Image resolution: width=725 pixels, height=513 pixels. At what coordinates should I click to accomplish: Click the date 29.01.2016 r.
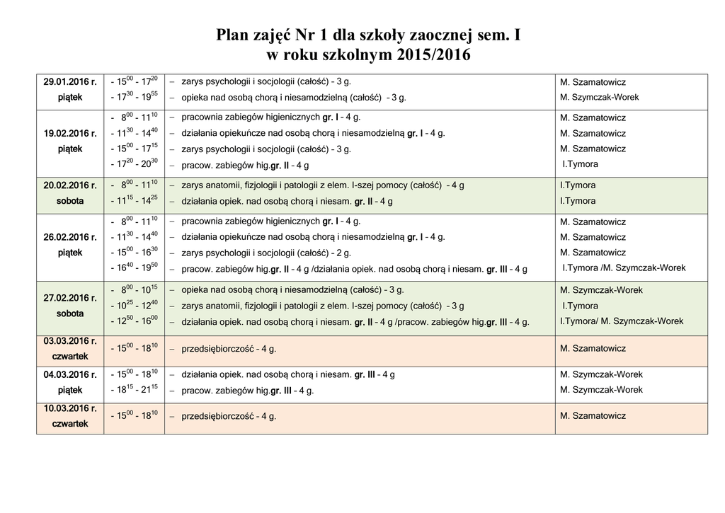click(69, 82)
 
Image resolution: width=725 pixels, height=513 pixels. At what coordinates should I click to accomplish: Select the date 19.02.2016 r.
click(69, 133)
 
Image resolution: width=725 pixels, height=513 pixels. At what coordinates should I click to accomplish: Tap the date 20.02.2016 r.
click(69, 185)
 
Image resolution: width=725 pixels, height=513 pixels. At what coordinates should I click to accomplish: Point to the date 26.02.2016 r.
click(69, 236)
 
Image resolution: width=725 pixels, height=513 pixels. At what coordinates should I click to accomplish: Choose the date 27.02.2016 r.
click(69, 298)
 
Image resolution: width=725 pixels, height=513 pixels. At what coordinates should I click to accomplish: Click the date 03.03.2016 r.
click(69, 341)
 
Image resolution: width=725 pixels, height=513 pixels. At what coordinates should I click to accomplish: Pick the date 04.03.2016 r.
click(69, 374)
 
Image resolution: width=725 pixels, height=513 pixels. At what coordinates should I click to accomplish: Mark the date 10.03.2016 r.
click(69, 408)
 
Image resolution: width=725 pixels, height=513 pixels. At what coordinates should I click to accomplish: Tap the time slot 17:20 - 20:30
click(135, 164)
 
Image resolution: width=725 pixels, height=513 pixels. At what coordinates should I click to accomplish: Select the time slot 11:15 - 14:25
click(135, 201)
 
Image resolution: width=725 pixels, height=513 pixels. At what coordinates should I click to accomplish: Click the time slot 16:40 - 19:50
click(135, 268)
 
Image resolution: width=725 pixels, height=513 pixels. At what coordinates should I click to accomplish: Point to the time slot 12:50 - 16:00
click(135, 321)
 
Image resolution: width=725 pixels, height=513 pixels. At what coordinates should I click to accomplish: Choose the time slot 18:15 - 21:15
click(135, 390)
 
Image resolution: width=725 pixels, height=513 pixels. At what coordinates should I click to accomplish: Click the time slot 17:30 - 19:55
click(135, 98)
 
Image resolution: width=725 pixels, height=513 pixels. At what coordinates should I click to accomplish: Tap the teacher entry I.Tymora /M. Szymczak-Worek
click(624, 268)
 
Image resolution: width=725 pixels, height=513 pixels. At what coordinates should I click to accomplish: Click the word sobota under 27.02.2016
click(69, 313)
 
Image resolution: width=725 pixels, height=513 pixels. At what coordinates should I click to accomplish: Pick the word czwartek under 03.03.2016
click(69, 357)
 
